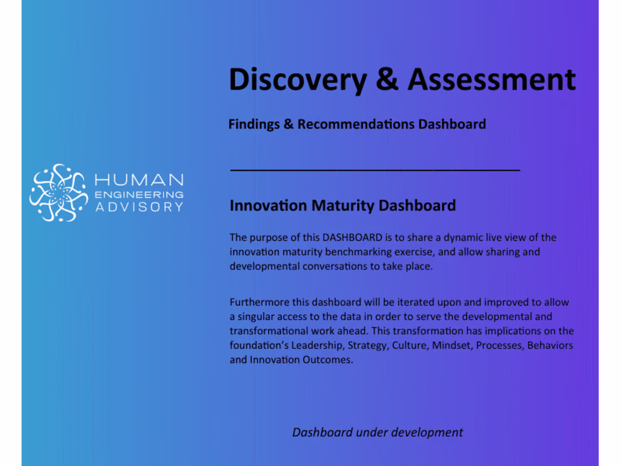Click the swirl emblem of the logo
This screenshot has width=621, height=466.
[58, 193]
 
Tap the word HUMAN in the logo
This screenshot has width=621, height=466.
[139, 180]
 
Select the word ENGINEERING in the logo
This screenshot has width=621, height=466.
[139, 194]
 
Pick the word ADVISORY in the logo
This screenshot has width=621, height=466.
[139, 207]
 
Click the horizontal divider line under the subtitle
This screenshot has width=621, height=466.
[375, 169]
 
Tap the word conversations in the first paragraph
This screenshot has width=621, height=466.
[334, 266]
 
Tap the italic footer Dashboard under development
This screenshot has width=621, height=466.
[377, 433]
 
